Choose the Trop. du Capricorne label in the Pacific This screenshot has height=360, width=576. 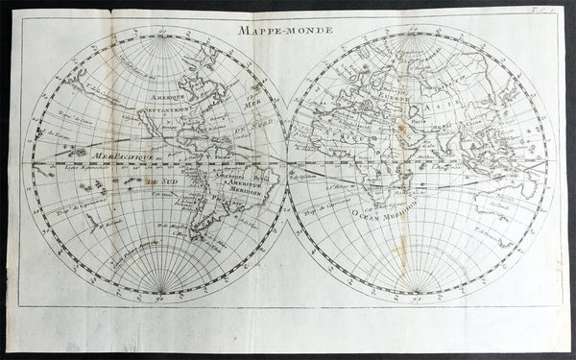coord(72,206)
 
